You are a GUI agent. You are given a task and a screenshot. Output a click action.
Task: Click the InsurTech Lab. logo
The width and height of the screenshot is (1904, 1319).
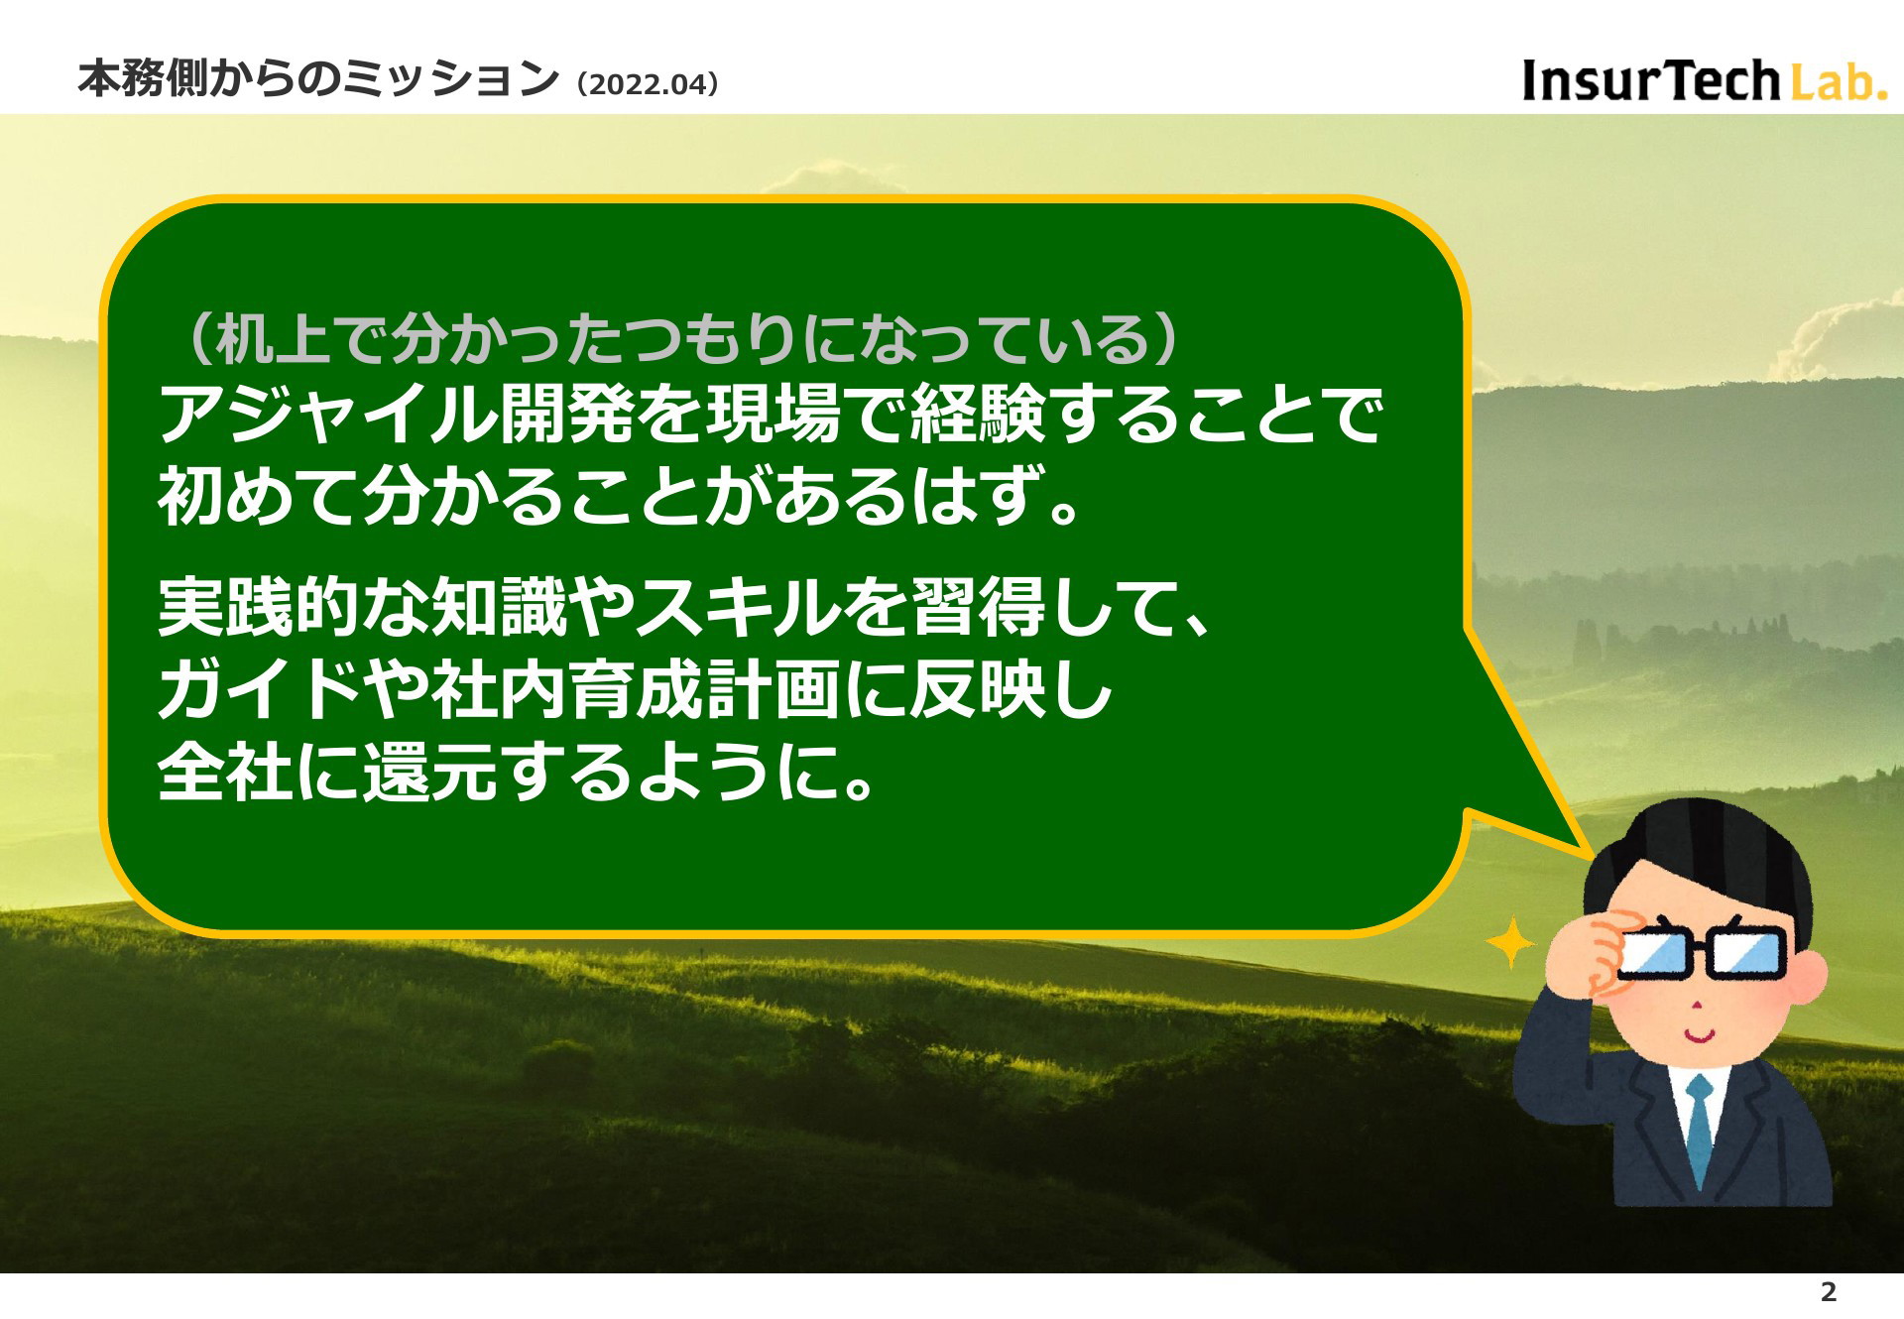pos(1704,80)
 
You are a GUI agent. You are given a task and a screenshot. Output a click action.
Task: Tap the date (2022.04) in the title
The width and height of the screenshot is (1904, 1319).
pos(647,84)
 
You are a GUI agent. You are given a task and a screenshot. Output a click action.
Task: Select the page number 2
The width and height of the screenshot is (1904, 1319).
pos(1829,1291)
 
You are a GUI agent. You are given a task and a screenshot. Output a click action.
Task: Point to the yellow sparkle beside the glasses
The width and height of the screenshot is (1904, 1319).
pos(1510,943)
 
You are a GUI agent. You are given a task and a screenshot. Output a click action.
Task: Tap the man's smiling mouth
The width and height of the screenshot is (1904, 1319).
pos(1698,1037)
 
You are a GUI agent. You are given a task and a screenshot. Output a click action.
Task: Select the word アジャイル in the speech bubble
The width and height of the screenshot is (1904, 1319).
pos(328,414)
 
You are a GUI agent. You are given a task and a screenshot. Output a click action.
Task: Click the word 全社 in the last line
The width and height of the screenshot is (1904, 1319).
pos(226,773)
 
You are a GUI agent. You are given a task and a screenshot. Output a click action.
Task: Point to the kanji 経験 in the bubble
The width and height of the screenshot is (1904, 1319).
pos(978,414)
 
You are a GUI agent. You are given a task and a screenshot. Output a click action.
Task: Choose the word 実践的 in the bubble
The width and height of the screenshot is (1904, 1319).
pos(260,607)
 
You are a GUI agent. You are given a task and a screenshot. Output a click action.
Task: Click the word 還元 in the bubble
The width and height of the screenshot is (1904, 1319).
pos(429,773)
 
